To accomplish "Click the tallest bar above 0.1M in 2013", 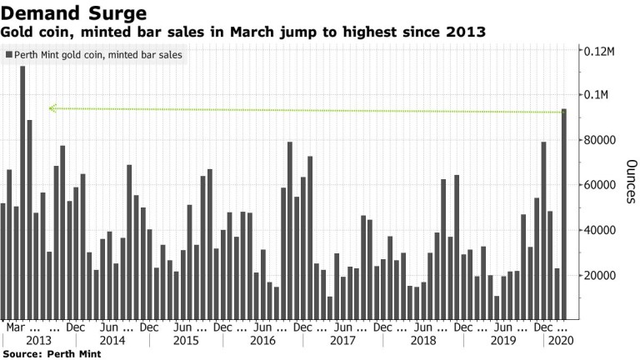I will click(x=22, y=192).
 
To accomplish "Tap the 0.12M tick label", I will click(x=599, y=51).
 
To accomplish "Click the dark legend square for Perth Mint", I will click(x=9, y=55).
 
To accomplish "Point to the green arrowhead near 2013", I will click(x=52, y=107).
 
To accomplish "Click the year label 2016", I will click(x=263, y=341).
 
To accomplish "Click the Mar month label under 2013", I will click(x=17, y=327).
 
